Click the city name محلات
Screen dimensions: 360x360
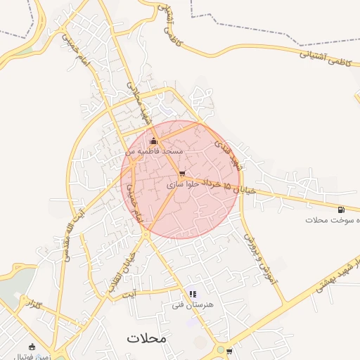click(x=147, y=337)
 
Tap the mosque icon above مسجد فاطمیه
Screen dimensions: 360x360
click(x=153, y=141)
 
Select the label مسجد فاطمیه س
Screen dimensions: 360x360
click(x=155, y=151)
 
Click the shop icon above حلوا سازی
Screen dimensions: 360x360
click(x=183, y=173)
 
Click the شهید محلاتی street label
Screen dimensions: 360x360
click(x=138, y=103)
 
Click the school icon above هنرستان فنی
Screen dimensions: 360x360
click(x=193, y=295)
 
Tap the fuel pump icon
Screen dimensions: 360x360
click(x=341, y=209)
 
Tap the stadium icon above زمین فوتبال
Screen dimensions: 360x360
click(x=31, y=346)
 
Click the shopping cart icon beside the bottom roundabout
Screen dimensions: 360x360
click(x=229, y=349)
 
